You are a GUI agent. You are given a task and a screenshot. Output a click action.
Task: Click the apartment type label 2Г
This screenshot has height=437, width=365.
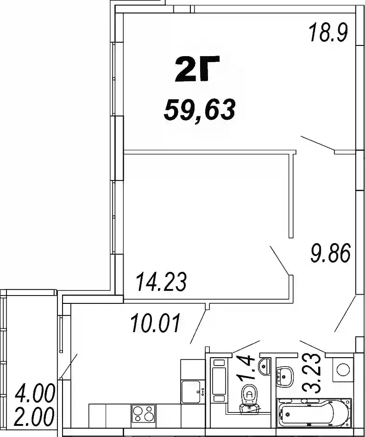197,69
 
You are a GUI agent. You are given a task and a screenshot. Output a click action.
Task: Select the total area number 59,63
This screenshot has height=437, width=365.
200,110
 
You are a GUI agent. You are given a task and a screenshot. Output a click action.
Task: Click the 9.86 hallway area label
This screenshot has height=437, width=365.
330,253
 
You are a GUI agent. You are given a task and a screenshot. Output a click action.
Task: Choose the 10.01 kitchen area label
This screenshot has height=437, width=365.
156,323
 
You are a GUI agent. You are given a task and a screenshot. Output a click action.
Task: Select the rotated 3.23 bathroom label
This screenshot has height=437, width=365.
312,373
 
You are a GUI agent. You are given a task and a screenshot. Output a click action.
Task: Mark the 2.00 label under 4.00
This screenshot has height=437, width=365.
34,417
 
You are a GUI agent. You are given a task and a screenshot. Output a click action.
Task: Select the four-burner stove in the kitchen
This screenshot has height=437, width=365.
144,413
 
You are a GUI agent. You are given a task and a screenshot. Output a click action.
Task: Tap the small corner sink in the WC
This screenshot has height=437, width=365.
264,366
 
